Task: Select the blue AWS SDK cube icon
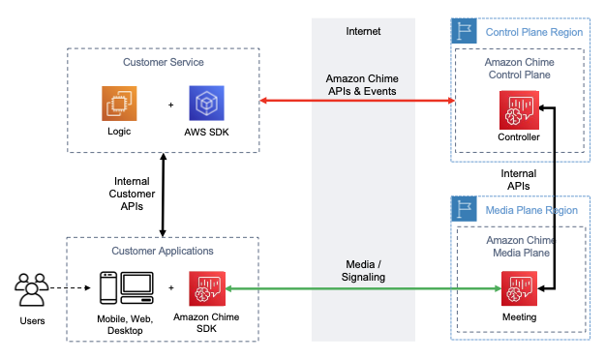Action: [207, 104]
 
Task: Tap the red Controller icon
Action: [518, 109]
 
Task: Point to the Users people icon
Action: [32, 288]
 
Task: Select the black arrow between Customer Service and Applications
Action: [163, 195]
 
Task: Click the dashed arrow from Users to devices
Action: [73, 287]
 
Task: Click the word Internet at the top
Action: [363, 31]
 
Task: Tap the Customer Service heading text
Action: [163, 62]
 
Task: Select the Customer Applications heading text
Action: [163, 250]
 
